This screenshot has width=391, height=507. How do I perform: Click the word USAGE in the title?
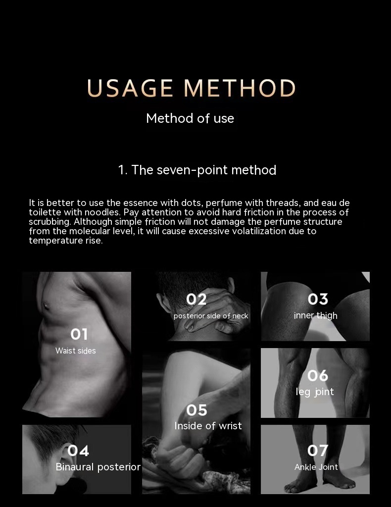(x=130, y=88)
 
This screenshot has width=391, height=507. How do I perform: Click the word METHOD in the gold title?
(x=240, y=88)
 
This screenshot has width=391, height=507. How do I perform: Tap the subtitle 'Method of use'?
(x=190, y=118)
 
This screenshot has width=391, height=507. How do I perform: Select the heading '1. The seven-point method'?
(x=197, y=170)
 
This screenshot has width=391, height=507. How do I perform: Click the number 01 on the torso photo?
(x=79, y=334)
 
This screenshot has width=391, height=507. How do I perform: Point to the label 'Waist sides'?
(x=76, y=351)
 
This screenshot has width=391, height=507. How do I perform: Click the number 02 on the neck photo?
(x=196, y=300)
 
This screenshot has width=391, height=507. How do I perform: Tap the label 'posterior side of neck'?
(x=211, y=316)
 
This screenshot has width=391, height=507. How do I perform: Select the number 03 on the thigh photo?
(x=318, y=299)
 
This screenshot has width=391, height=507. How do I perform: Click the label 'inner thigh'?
(x=315, y=315)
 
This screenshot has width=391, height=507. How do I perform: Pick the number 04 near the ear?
(x=78, y=451)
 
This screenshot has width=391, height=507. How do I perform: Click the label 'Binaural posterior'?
(x=98, y=467)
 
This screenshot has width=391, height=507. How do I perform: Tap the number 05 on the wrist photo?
(x=196, y=410)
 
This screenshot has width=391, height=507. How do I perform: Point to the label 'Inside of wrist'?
(x=208, y=426)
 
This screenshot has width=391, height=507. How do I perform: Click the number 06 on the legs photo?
(x=318, y=376)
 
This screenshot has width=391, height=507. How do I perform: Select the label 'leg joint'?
(x=315, y=392)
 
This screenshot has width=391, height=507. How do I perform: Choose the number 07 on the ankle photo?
(x=318, y=451)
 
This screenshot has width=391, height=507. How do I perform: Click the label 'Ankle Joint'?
(x=316, y=467)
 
